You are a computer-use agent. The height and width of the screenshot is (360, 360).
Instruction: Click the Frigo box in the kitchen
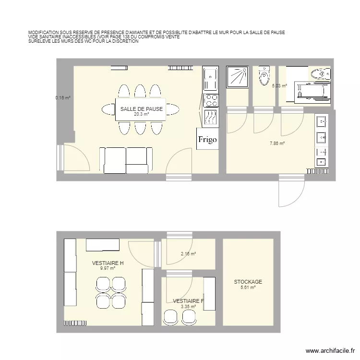pos(208,140)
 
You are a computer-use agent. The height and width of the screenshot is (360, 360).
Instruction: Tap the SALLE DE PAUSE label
pos(142,109)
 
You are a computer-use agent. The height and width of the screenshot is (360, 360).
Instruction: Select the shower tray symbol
pos(237,77)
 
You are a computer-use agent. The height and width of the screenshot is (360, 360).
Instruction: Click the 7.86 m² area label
pos(277,143)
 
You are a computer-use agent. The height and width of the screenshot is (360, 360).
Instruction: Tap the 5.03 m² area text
pos(279,86)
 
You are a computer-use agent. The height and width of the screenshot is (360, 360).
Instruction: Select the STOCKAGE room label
pos(248,282)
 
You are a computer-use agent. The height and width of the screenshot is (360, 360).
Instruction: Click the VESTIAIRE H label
pos(108,263)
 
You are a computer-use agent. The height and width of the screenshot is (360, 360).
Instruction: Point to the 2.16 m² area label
pos(188,254)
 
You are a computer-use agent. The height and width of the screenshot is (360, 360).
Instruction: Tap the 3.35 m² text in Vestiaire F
pos(188,306)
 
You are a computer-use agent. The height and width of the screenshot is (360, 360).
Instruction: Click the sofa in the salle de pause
pos(124,160)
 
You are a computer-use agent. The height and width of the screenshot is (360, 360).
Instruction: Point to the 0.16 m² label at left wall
pos(63,98)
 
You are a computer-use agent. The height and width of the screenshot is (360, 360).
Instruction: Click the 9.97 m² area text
pos(108,268)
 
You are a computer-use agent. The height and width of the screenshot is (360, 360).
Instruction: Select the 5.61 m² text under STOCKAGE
pos(248,288)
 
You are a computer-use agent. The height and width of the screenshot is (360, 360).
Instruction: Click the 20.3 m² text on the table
pos(142,115)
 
